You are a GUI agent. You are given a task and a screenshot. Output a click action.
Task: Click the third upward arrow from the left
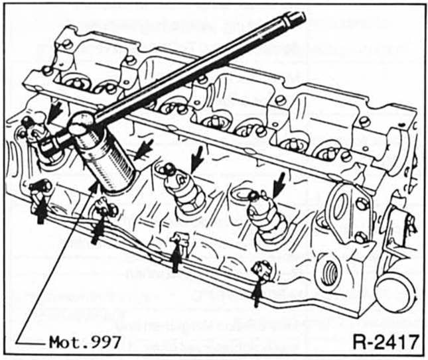(175, 259)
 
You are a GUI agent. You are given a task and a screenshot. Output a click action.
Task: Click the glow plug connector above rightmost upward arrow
(261, 269)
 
